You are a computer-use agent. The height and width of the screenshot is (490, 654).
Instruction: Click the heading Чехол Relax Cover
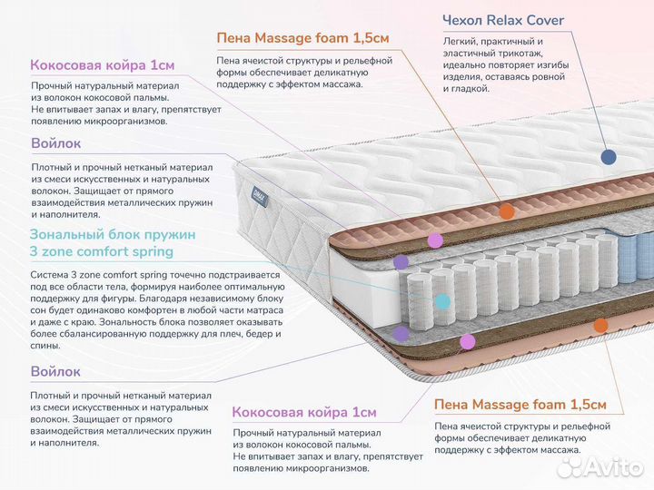click(x=502, y=21)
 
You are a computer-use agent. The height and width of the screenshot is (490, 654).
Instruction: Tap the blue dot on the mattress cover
click(x=609, y=156)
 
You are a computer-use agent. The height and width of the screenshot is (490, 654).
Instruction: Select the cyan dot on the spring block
click(x=442, y=300)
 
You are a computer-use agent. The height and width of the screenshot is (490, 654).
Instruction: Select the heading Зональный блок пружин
click(x=112, y=234)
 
